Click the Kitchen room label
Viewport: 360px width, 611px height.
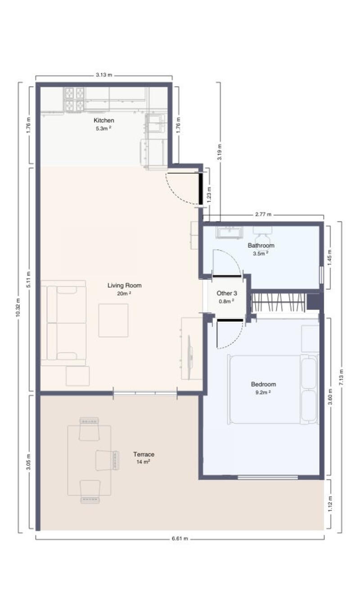pos(104,120)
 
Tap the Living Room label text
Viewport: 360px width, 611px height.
pos(124,285)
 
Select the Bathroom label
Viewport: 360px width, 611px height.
pos(261,245)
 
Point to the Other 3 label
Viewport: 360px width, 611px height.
pos(227,293)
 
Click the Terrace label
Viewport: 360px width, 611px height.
pos(144,454)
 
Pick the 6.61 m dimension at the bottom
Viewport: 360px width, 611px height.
pos(180,539)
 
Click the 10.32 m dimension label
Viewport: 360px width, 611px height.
pos(18,308)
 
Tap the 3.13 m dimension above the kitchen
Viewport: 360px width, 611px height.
pos(104,75)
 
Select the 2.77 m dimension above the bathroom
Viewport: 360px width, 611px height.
pos(263,214)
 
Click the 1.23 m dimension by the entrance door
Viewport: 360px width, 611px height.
pos(209,194)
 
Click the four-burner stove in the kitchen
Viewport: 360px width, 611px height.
pos(74,100)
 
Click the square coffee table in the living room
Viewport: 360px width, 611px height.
pos(113,320)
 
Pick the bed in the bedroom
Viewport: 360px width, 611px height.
pos(273,389)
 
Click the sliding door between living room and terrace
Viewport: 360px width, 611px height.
pos(145,393)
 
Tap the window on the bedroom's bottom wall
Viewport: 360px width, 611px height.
pos(268,477)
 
